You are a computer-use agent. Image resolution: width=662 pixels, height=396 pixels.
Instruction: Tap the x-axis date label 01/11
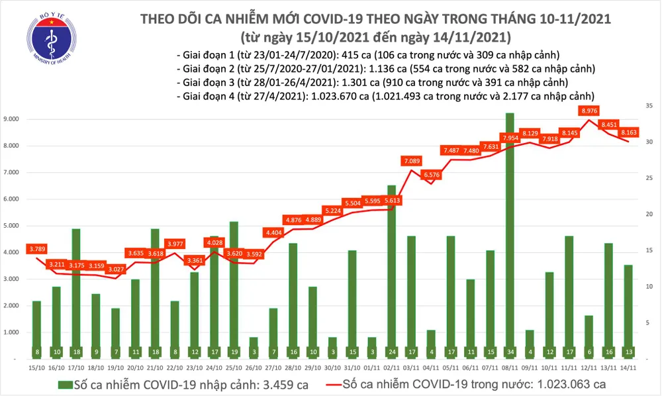[371, 368]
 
